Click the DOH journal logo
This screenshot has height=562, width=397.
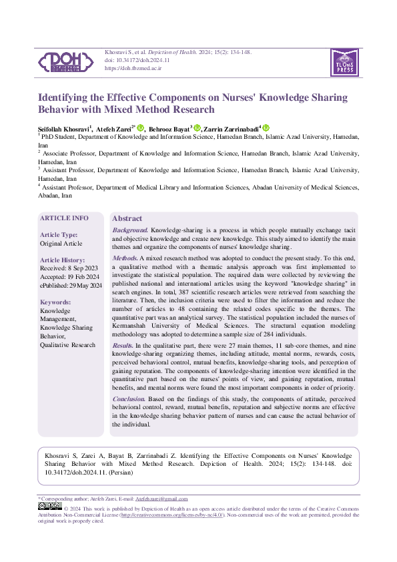65,61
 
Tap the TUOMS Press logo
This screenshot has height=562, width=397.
344,62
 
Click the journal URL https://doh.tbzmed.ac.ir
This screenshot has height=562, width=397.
133,69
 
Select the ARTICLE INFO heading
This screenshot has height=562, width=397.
64,218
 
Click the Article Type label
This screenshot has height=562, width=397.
59,235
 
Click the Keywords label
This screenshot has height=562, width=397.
55,302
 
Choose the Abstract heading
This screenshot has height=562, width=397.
127,218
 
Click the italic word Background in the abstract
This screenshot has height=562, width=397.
130,230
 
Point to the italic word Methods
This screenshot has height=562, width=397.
125,258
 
